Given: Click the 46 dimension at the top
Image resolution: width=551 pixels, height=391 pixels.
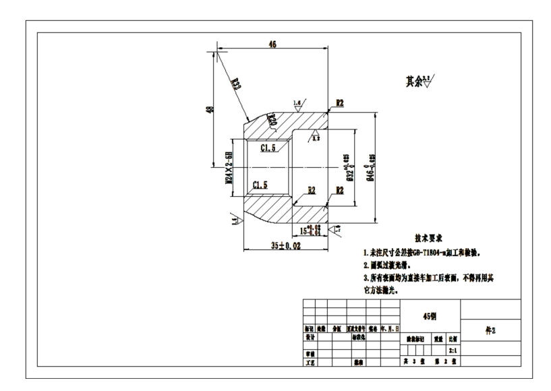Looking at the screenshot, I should pos(272,44).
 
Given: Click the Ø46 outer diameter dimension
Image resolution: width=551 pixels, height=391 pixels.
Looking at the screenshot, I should pos(370,167).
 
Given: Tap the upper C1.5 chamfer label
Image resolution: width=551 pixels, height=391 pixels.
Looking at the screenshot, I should pos(268,148).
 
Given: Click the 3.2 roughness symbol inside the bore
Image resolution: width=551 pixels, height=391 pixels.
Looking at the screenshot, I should pos(315,138).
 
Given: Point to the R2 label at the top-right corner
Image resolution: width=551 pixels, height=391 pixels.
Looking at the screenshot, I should pos(340,103).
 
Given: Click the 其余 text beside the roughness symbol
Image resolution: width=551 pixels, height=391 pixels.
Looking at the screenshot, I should pos(414,82).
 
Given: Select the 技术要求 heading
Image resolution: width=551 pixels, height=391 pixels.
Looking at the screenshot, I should pos(428,239).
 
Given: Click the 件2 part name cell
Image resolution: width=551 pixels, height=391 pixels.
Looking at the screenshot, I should pos(490,330).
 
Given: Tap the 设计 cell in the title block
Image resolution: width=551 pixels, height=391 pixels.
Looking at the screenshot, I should pos(310,335).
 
